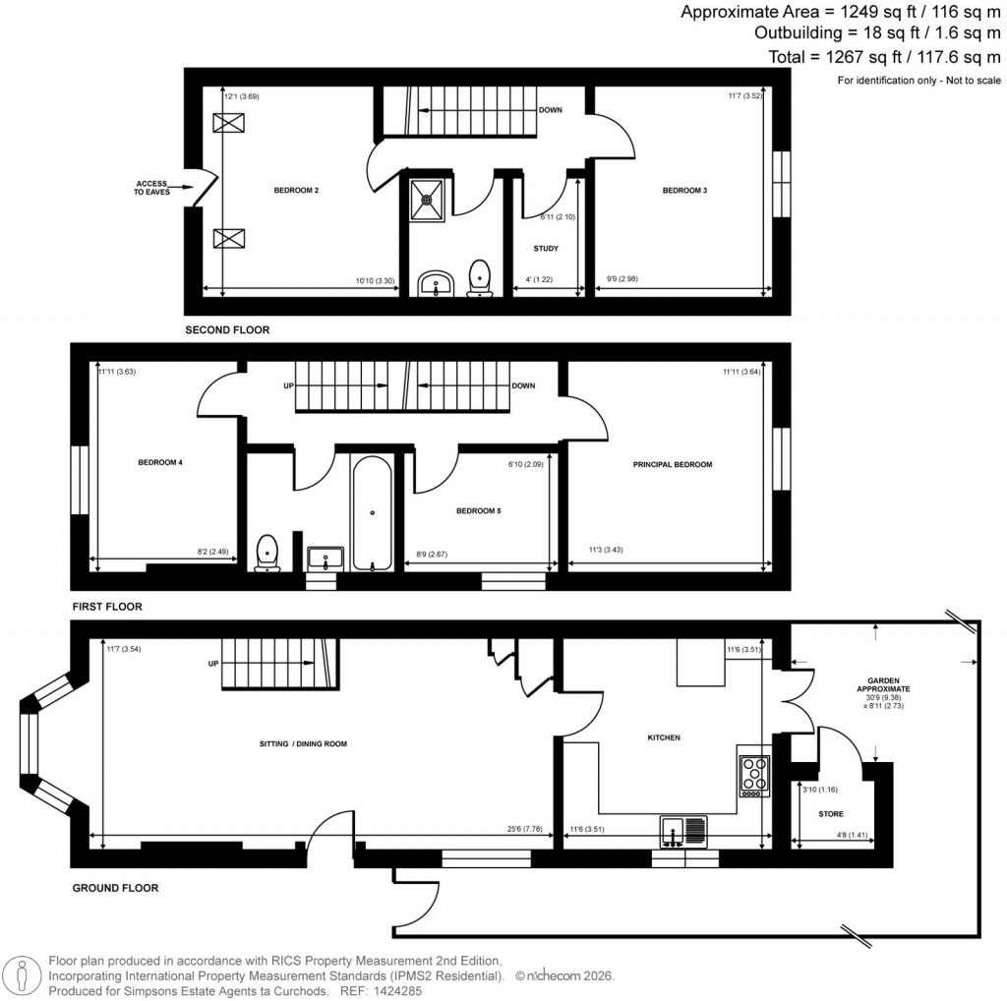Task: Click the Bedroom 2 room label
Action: pos(296,190)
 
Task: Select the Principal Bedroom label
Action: pos(673,464)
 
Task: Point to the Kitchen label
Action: pos(664,736)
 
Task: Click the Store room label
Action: pos(831,814)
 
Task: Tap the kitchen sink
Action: pos(682,831)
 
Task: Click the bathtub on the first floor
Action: pos(372,512)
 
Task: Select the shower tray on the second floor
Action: pos(428,198)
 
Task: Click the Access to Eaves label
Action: pos(152,188)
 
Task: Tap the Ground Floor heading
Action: pos(115,888)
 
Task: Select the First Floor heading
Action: pos(107,607)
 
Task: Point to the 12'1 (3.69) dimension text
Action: pos(241,96)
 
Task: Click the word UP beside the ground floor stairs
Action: pos(213,664)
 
